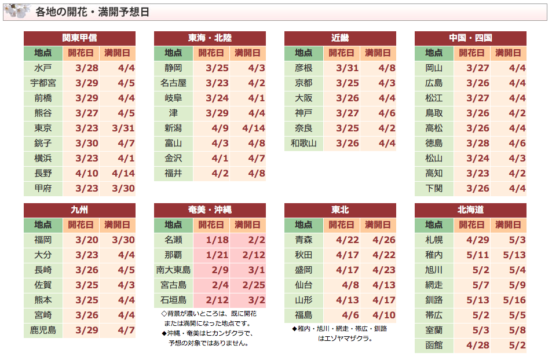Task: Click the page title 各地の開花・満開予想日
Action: pyautogui.click(x=92, y=12)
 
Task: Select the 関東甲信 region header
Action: pyautogui.click(x=79, y=38)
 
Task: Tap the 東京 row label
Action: pyautogui.click(x=43, y=128)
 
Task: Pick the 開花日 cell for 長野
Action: pyautogui.click(x=87, y=174)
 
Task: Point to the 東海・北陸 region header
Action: pyautogui.click(x=210, y=38)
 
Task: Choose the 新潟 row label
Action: pyautogui.click(x=173, y=128)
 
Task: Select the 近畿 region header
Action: pyautogui.click(x=340, y=38)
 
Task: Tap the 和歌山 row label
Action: pyautogui.click(x=304, y=144)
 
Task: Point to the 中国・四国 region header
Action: pyautogui.click(x=470, y=38)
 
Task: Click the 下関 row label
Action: pyautogui.click(x=434, y=189)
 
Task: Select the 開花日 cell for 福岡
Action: pyautogui.click(x=87, y=240)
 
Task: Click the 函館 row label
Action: pyautogui.click(x=434, y=346)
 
